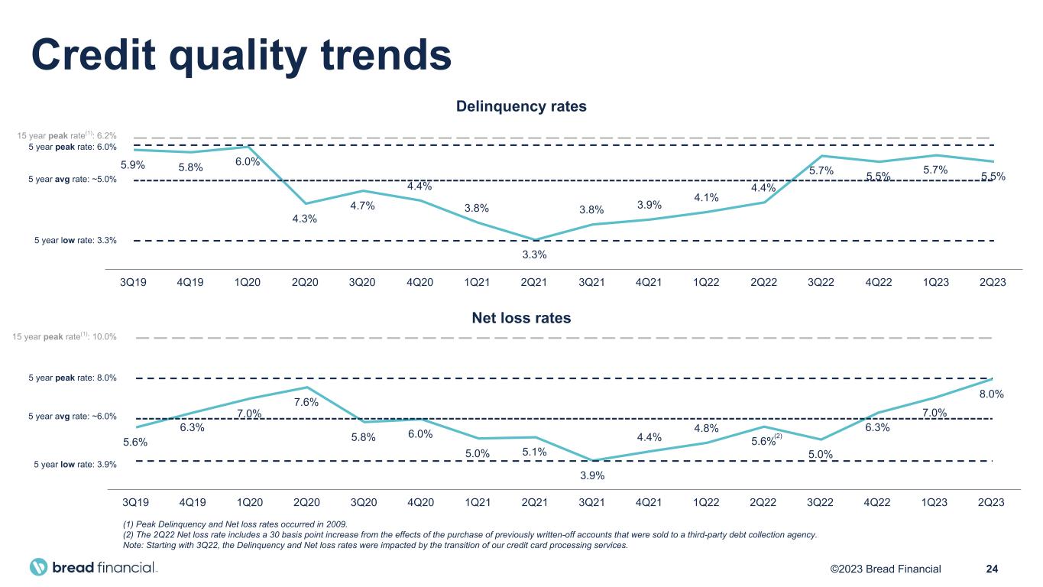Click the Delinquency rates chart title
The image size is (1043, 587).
(521, 106)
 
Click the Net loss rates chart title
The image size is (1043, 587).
(521, 317)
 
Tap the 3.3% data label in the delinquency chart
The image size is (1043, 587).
(534, 255)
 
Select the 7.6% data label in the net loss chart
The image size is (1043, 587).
(306, 403)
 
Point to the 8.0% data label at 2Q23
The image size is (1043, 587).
(991, 394)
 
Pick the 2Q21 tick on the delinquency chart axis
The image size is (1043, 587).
(534, 282)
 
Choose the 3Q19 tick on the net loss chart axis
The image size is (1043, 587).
(135, 502)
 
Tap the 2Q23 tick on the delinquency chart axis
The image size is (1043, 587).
(992, 282)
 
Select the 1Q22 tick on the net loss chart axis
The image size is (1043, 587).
(705, 502)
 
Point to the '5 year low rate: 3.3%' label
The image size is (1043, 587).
(76, 241)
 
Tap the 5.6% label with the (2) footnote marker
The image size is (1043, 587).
(766, 441)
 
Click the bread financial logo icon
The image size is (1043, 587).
(40, 568)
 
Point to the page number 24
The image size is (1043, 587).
(993, 569)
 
